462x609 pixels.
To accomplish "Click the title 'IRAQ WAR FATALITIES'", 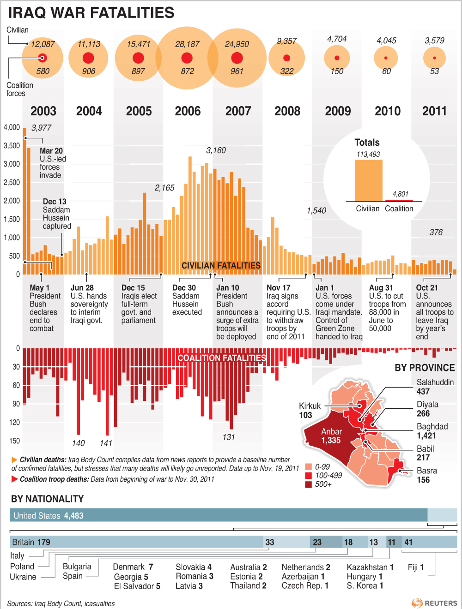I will point(91,12).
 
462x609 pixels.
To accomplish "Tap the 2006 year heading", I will point(188,111).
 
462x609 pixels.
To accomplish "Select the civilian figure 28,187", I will point(187,44).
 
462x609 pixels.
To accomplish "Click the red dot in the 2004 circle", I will point(88,58).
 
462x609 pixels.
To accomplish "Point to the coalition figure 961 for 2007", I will point(237,72).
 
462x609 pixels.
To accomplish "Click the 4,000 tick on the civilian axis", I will point(12,127).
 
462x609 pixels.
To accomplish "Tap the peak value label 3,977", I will point(41,128).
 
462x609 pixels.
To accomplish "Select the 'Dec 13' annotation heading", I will point(55,202).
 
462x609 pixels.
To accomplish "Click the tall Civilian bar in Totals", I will point(369,180).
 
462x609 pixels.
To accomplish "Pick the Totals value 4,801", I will point(400,194).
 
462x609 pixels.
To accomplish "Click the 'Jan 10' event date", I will point(227,288).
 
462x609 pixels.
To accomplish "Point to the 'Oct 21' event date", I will point(426,288).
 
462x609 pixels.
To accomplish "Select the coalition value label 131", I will point(229,437).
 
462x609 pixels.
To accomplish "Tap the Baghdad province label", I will point(432,427).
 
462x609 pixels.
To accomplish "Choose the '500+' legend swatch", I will point(309,484).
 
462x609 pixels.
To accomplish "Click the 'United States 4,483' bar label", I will point(49,516).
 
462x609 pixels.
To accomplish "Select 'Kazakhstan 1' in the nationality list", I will point(370,567).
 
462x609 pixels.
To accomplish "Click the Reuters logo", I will point(435,603).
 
